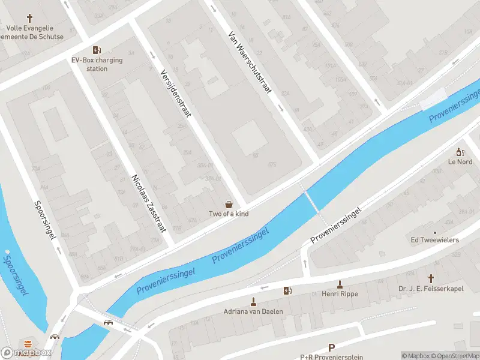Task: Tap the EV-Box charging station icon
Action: (96, 50)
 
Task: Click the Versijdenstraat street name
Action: (175, 92)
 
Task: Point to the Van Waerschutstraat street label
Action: (250, 63)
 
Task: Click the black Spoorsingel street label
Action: (45, 220)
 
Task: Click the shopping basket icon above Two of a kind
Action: (228, 205)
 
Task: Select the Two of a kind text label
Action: (228, 214)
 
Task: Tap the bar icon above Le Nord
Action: (460, 152)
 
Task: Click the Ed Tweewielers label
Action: (434, 240)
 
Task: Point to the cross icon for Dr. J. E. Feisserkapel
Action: (431, 278)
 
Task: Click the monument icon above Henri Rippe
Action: (340, 284)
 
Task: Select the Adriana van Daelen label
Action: (253, 311)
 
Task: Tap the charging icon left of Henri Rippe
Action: (287, 291)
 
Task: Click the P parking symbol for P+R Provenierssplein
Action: (331, 347)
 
